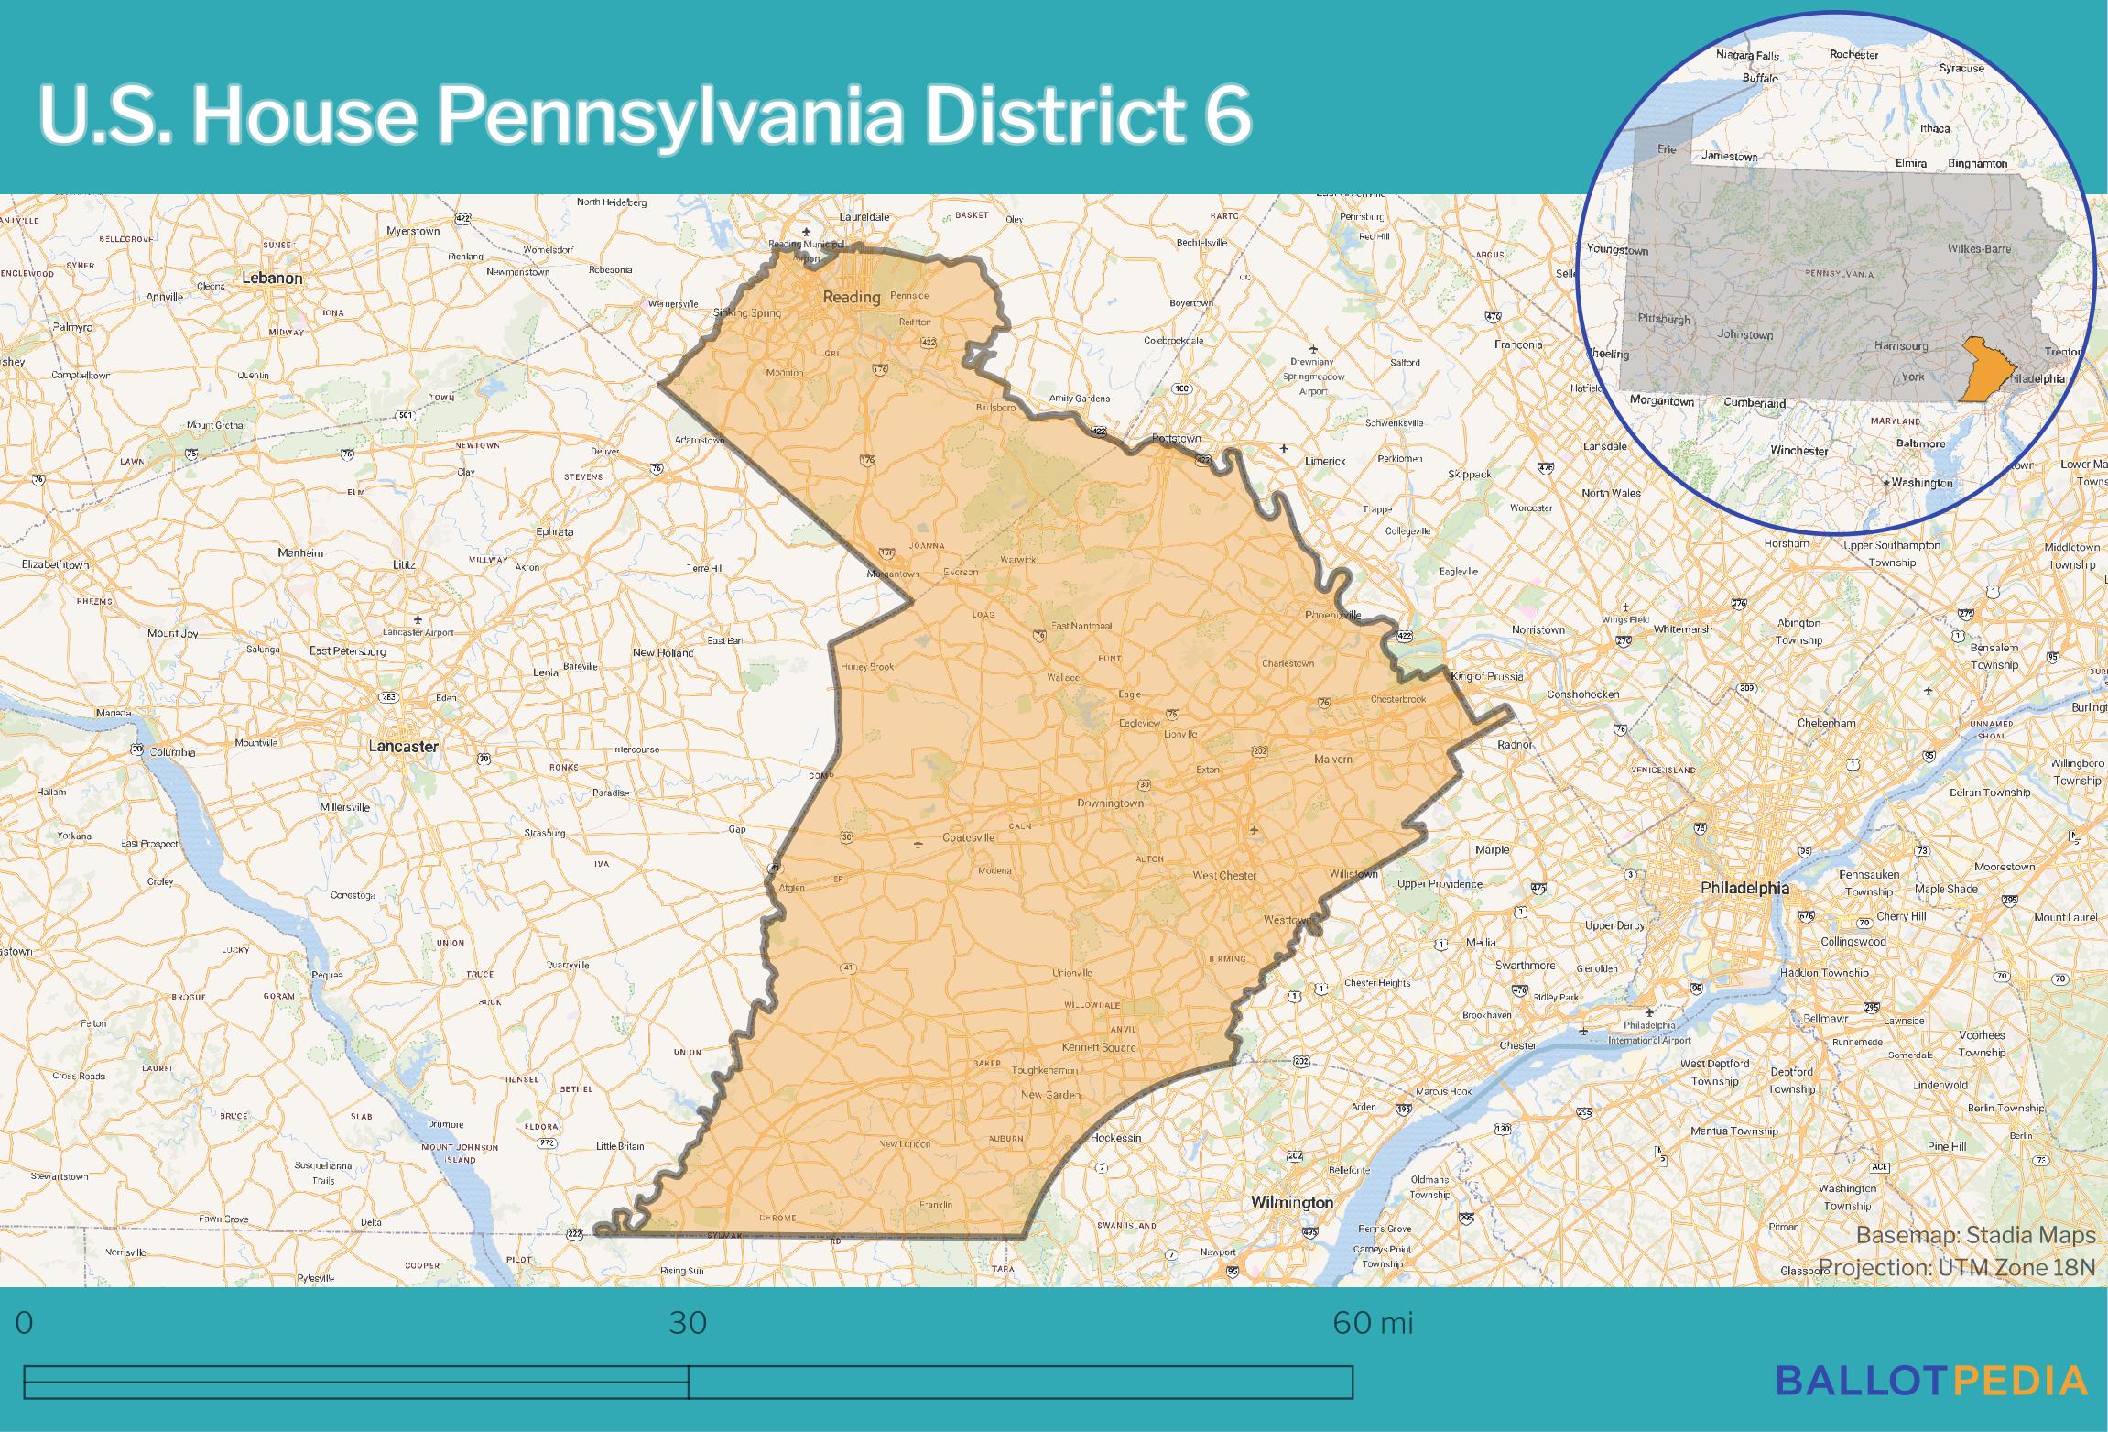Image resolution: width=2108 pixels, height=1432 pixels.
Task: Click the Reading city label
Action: (x=851, y=297)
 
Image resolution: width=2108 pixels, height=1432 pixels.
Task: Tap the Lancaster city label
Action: (x=403, y=746)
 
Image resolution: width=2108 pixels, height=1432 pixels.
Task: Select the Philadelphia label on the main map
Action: (x=1744, y=887)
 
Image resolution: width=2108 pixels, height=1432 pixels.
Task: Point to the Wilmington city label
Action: (x=1292, y=1202)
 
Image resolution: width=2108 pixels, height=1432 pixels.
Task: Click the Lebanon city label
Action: (x=272, y=278)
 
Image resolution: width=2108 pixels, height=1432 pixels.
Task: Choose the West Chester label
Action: (x=1224, y=875)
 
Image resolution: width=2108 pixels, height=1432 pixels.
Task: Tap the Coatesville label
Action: (x=968, y=837)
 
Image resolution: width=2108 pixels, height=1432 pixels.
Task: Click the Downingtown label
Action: (x=1110, y=803)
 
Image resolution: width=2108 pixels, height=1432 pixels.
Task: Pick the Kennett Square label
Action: (x=1098, y=1047)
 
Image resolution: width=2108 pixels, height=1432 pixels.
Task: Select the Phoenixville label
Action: (x=1332, y=615)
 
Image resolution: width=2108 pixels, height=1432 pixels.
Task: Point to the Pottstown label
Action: (x=1176, y=439)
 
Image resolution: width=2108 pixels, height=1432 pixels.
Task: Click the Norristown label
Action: (x=1538, y=630)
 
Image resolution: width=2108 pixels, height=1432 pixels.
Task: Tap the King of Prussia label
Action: (x=1487, y=676)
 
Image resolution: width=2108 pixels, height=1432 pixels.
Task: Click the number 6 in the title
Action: (x=1223, y=116)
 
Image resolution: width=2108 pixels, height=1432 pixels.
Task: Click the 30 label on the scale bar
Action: (x=688, y=1323)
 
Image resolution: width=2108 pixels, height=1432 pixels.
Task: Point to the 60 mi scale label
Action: (x=1373, y=1323)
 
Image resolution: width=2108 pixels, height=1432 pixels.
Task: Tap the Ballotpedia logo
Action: (x=1931, y=1405)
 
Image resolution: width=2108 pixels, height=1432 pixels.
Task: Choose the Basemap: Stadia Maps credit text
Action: (x=1975, y=1235)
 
